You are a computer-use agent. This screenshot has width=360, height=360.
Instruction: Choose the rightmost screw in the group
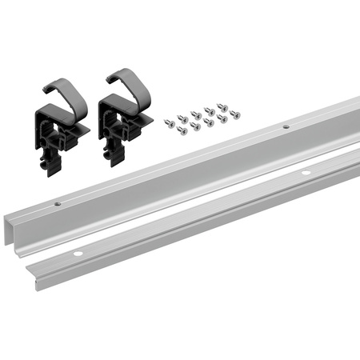pyautogui.click(x=236, y=114)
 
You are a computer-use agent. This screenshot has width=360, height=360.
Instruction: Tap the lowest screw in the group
pyautogui.click(x=194, y=128)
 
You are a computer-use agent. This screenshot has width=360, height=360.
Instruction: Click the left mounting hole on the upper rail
pyautogui.click(x=58, y=203)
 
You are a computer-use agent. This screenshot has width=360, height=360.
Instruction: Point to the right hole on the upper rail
pyautogui.click(x=285, y=126)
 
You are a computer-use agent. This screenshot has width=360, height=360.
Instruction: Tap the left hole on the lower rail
pyautogui.click(x=78, y=254)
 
